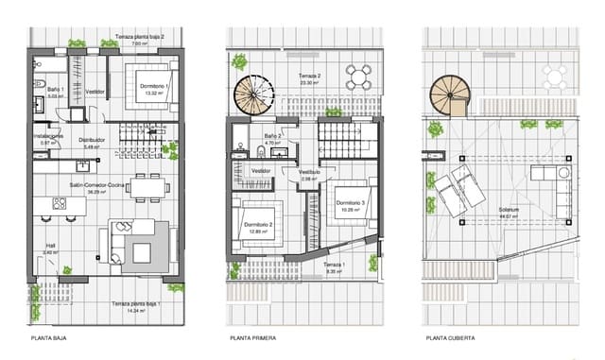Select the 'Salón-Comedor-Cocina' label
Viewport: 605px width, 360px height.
(95, 186)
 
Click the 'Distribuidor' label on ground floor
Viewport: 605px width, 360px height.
(92, 141)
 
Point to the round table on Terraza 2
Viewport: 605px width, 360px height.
(358, 73)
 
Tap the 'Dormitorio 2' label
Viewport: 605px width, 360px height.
(258, 225)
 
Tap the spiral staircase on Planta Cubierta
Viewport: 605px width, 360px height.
(448, 94)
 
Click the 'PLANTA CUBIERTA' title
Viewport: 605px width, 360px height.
(449, 337)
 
